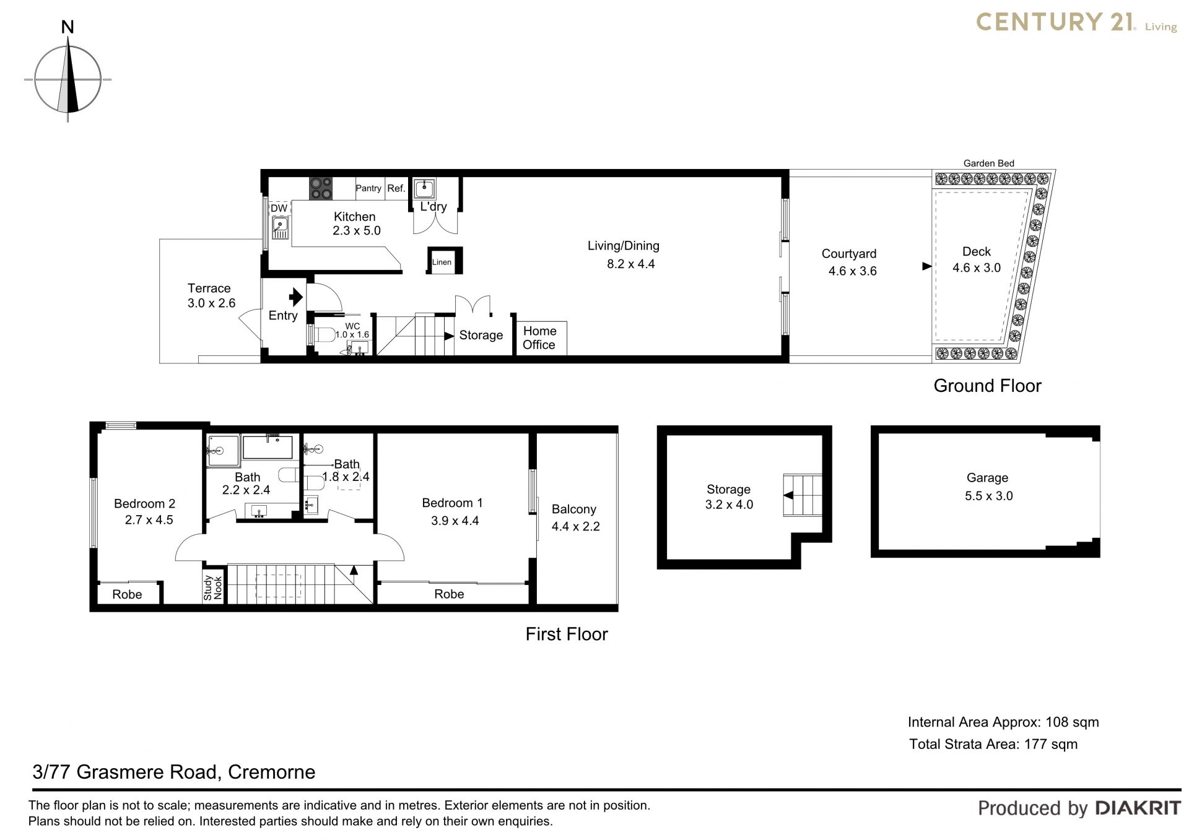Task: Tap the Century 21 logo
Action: pos(1076,22)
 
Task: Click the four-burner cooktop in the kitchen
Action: pos(321,188)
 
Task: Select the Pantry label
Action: pos(368,188)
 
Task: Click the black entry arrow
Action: pos(296,297)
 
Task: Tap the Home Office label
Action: pos(539,338)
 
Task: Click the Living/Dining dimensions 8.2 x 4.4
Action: pos(630,264)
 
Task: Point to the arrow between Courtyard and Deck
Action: pos(927,266)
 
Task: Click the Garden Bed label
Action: pos(988,163)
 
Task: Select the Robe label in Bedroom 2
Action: pos(127,594)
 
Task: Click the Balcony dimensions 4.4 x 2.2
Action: pos(576,526)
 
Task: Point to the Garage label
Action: pos(987,477)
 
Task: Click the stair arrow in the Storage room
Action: pos(788,495)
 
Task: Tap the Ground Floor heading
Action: pos(987,386)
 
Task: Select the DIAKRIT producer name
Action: pos(1138,808)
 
